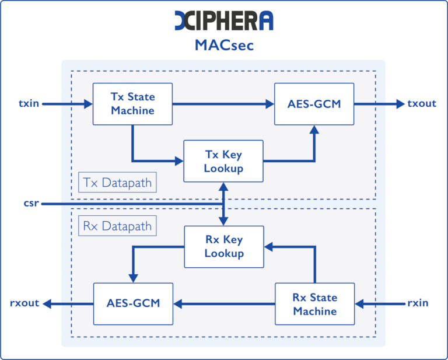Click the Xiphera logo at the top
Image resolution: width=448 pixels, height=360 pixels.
click(224, 20)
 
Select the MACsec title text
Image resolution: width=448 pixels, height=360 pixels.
click(224, 46)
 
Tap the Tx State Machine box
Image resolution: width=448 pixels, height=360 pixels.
click(132, 103)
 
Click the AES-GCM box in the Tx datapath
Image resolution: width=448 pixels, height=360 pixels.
click(314, 104)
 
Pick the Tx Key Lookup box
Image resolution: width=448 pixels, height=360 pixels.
click(223, 162)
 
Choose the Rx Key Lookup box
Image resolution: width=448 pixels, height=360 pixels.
click(224, 246)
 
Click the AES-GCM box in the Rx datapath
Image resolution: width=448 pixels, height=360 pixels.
click(133, 303)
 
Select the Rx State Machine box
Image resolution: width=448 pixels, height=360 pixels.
click(315, 303)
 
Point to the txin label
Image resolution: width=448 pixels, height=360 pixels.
click(29, 104)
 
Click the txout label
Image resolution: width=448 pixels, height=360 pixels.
click(422, 104)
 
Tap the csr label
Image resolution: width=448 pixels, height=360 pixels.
click(31, 204)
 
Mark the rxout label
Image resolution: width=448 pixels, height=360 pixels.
click(24, 303)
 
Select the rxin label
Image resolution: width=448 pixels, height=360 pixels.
click(418, 303)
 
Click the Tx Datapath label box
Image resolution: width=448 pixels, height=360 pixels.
click(117, 183)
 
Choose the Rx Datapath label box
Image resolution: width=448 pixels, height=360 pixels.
click(117, 226)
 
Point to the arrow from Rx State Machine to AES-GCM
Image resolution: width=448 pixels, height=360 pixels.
click(224, 303)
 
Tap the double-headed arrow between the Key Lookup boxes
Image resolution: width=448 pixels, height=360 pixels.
click(224, 204)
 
